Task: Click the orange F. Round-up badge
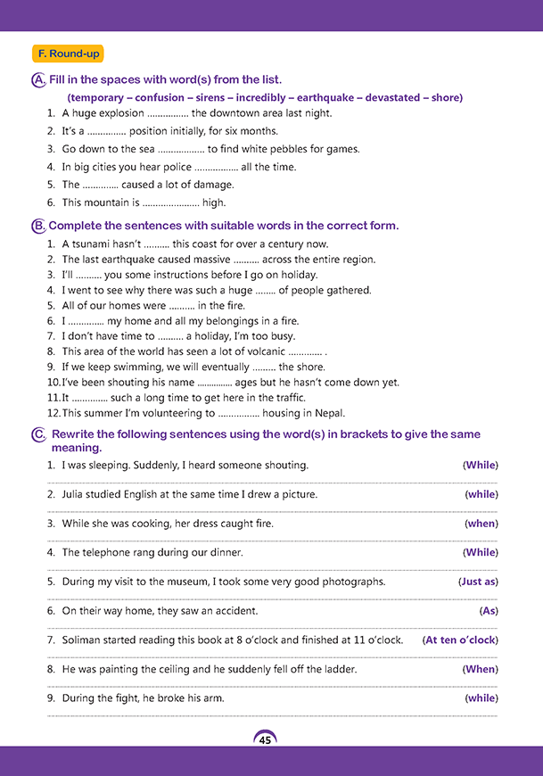[x=67, y=54]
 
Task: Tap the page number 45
[x=265, y=739]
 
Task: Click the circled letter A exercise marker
[x=38, y=80]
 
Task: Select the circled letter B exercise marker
[x=38, y=227]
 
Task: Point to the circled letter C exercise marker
[x=38, y=435]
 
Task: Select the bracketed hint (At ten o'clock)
[x=460, y=640]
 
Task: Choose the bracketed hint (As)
[x=488, y=611]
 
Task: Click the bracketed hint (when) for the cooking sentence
[x=481, y=524]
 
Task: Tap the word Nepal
[x=329, y=413]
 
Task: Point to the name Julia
[x=75, y=494]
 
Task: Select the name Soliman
[x=83, y=640]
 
